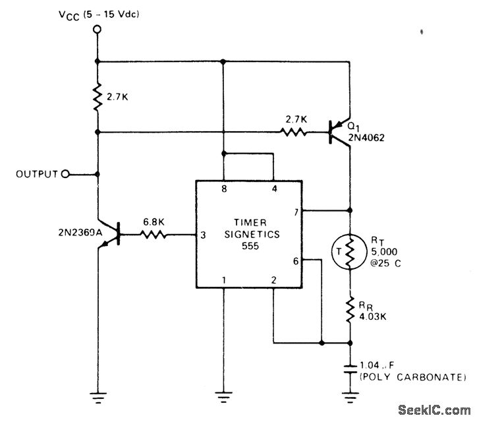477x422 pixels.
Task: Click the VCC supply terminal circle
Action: click(x=98, y=29)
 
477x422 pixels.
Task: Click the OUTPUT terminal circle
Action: click(x=65, y=174)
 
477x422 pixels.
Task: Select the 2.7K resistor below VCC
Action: click(x=98, y=97)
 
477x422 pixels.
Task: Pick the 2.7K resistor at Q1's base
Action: click(x=295, y=132)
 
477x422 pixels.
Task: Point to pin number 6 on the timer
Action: click(x=296, y=260)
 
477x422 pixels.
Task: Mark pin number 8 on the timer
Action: click(x=223, y=189)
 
